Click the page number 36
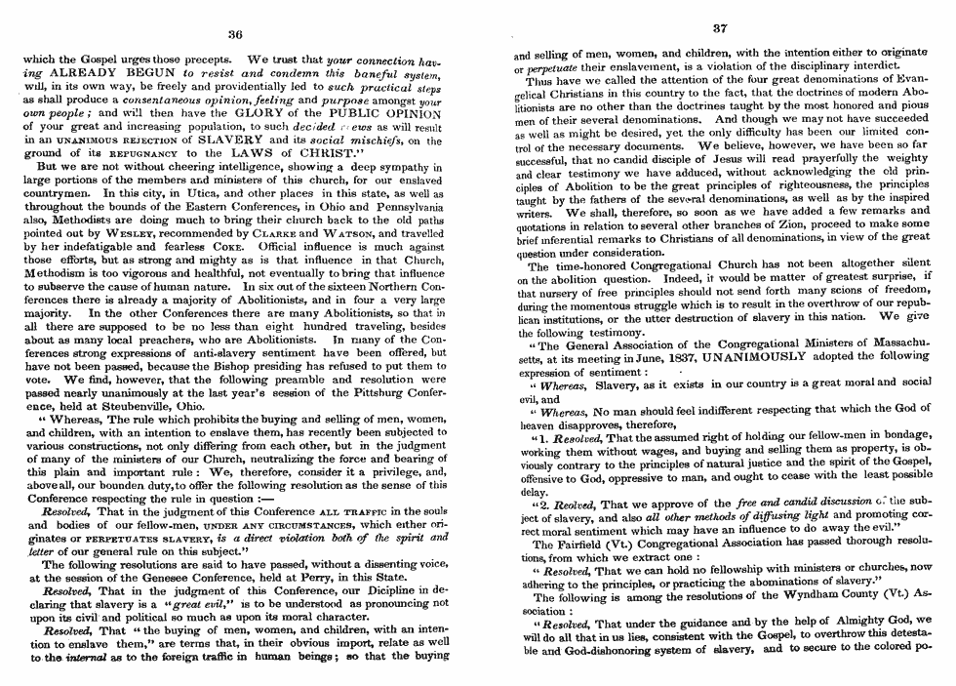(234, 33)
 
